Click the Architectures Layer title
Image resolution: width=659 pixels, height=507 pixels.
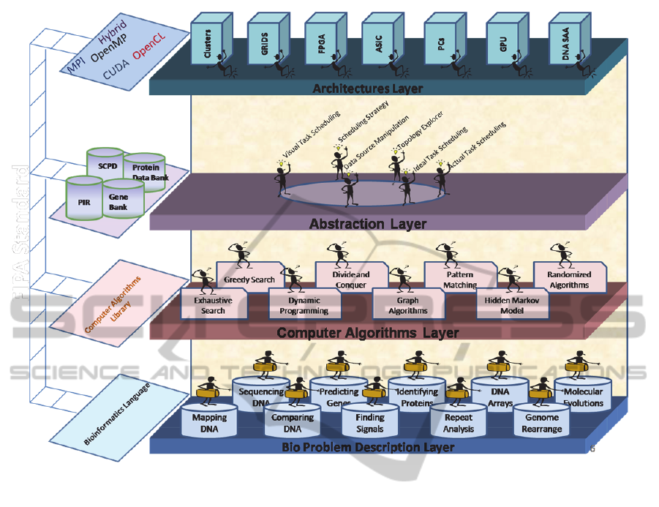tap(367, 89)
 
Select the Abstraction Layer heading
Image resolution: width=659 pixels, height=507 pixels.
tap(368, 223)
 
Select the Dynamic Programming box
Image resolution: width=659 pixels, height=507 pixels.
tap(304, 304)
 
